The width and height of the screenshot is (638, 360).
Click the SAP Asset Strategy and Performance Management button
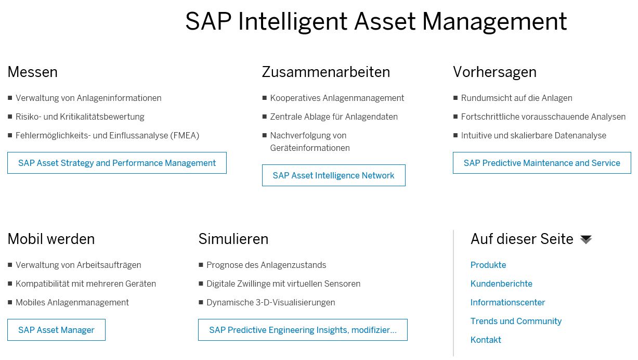coord(117,163)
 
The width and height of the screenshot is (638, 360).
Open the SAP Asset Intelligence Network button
coord(333,175)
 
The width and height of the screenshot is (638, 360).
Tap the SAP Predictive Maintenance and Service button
coord(542,163)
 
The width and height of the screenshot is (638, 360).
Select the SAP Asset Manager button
coord(56,330)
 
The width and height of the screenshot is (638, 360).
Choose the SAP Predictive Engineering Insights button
coord(303,330)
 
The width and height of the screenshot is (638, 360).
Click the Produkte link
coord(488,265)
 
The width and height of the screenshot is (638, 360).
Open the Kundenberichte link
coord(501,284)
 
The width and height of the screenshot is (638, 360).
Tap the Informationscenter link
coord(507,302)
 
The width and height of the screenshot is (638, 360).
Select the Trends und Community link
coord(516,321)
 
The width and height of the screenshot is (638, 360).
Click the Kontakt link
coord(486,340)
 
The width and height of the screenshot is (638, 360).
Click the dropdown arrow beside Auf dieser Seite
coord(586,239)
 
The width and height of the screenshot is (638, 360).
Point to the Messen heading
coord(32,72)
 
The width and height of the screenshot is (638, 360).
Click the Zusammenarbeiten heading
coord(326,72)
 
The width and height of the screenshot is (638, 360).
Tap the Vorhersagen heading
coord(494,72)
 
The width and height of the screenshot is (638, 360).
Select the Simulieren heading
coord(233,239)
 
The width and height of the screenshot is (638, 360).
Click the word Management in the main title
coord(494,22)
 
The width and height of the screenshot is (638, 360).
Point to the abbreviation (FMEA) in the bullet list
coord(185,135)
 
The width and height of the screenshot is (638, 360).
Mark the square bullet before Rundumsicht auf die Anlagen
coord(455,98)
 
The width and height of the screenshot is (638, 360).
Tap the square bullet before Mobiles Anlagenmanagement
coord(10,302)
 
